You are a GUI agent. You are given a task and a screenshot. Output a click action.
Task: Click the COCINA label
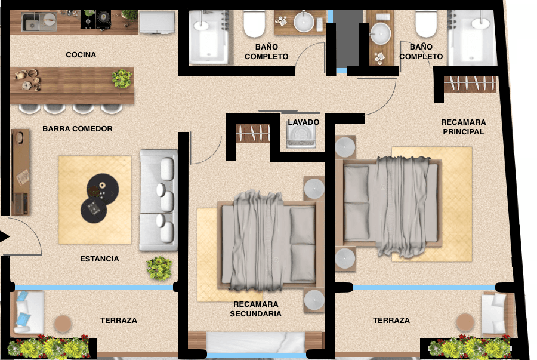coord(81,55)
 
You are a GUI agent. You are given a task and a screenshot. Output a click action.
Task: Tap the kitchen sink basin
coord(31,22)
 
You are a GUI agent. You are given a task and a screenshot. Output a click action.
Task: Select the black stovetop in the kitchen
coord(96,20)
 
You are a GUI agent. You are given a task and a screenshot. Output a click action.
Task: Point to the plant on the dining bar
coord(122,78)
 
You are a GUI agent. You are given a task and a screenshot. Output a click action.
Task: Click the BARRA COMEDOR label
coord(78,129)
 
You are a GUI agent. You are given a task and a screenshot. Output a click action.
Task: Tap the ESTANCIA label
coord(100,259)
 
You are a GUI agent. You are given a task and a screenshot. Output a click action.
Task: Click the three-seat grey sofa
coord(159,200)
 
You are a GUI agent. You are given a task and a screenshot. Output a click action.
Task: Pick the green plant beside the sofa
coord(159,268)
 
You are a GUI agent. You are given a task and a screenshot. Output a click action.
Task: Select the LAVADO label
coord(304,122)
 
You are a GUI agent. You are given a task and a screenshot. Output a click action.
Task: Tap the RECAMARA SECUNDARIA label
coord(256,309)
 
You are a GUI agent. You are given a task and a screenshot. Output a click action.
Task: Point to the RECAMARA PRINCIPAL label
coord(464,127)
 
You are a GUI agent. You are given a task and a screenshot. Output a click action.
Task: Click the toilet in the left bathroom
coord(254,24)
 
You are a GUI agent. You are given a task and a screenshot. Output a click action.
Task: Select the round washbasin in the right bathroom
coord(381,33)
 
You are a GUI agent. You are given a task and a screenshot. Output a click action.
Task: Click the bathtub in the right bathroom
coord(473,38)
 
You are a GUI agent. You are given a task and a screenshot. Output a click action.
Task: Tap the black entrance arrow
coord(4,236)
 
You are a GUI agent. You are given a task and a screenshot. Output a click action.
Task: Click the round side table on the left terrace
coord(63,324)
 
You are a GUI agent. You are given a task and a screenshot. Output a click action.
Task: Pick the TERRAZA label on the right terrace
coord(391,320)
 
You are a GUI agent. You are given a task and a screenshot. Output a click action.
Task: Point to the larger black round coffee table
coord(103,189)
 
